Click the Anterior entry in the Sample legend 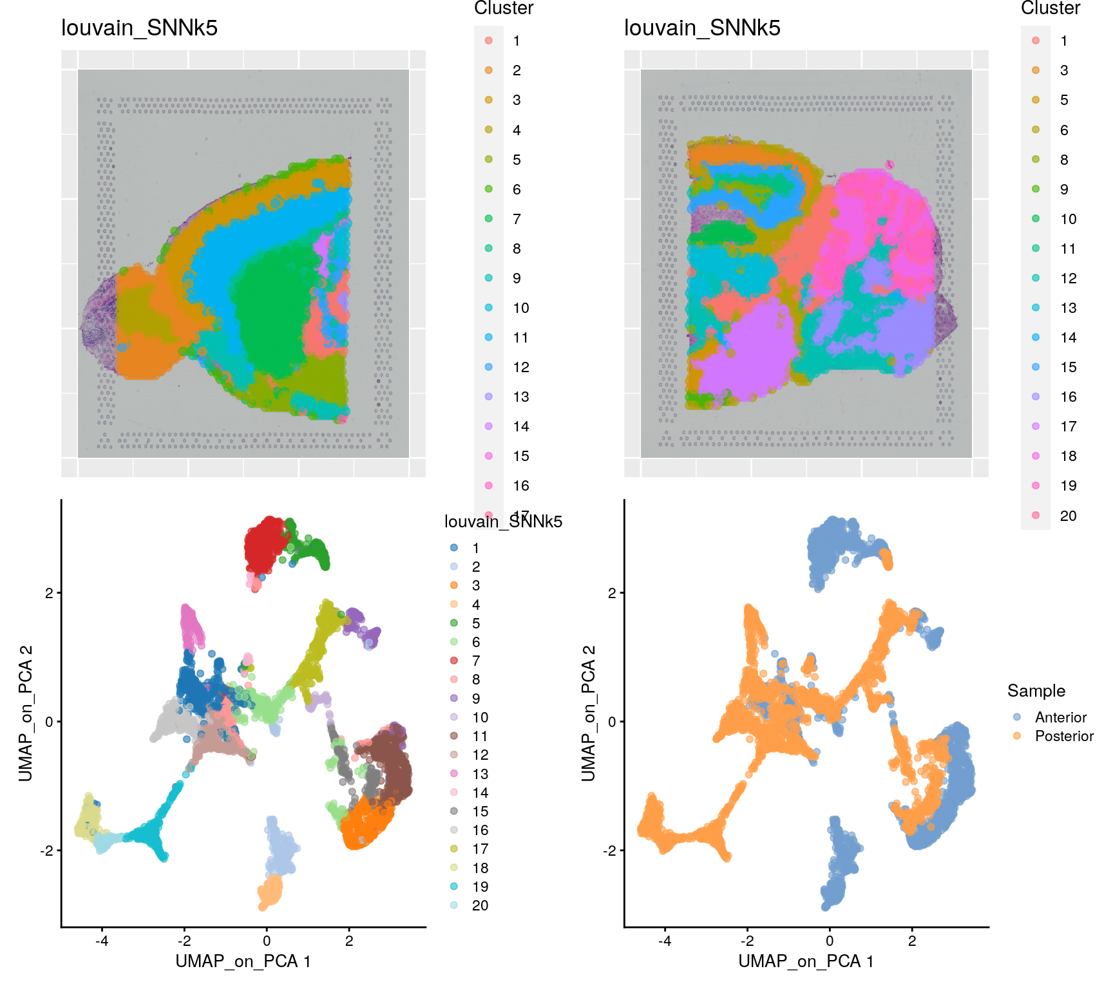(1060, 717)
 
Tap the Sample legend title (1036, 691)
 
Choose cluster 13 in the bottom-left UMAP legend (480, 774)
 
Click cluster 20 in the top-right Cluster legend (1068, 516)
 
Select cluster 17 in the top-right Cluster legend (1068, 426)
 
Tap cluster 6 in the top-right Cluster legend (1064, 130)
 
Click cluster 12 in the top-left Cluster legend (520, 367)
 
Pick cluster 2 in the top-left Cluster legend (517, 70)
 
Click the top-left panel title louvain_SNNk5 (139, 28)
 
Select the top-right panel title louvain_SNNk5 (702, 28)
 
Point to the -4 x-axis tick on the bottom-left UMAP (102, 941)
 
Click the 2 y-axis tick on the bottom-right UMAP (612, 593)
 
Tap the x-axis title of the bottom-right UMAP (806, 961)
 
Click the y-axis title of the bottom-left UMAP (26, 713)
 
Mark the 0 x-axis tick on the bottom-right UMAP (830, 941)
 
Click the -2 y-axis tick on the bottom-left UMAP (47, 851)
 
